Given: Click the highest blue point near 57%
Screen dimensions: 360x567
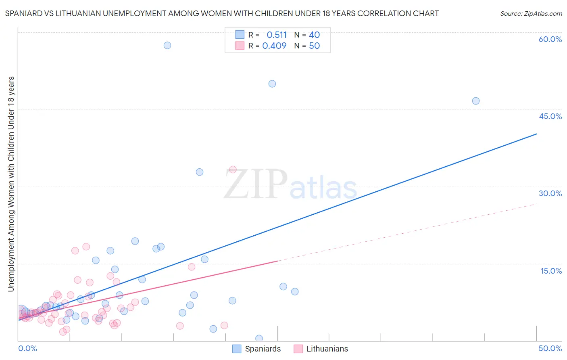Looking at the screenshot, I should (167, 45).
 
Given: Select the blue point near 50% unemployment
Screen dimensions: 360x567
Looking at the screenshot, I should (272, 84).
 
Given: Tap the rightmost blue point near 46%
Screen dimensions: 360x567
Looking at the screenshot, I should (476, 101).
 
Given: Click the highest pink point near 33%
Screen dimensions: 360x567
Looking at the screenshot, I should (233, 170).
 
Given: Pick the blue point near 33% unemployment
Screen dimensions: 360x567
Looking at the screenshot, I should (200, 172).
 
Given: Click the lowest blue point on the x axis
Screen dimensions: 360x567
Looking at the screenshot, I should (259, 338).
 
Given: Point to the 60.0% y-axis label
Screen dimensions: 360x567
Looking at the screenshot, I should (550, 39).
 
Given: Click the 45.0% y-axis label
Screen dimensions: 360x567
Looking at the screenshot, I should (550, 116).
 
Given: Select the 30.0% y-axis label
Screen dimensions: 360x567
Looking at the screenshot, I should (550, 193).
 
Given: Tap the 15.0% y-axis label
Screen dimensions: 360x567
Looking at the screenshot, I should (551, 271).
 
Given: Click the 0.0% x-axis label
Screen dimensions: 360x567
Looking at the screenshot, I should (27, 348).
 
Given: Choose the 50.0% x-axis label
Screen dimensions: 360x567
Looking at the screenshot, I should (550, 348).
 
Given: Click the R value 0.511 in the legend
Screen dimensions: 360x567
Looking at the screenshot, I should (277, 35).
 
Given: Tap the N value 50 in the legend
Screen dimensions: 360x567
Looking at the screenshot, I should (314, 46).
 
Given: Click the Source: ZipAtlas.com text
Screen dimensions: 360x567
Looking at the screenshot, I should (531, 14).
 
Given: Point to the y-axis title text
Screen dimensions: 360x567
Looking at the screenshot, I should (11, 184).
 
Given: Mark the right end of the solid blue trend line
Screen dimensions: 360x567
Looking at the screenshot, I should (536, 134).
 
